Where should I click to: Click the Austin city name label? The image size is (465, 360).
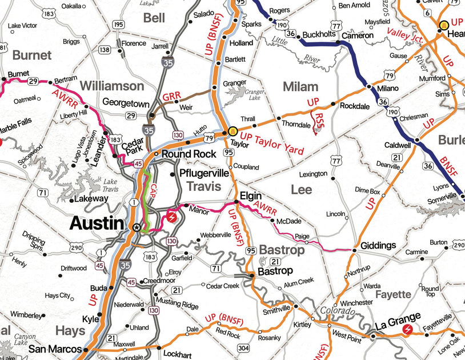(97, 223)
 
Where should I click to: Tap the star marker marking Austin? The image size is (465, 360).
(136, 227)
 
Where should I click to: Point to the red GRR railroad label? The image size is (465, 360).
(171, 97)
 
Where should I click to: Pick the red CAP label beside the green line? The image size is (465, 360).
(153, 192)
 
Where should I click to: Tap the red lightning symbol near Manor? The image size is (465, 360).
(170, 217)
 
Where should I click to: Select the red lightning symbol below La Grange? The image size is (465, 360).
(408, 330)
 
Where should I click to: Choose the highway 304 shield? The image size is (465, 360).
(243, 348)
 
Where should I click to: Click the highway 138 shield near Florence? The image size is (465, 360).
(105, 50)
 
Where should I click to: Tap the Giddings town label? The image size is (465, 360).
(378, 246)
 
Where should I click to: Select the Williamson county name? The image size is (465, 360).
(112, 86)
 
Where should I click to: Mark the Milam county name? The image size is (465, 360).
(300, 86)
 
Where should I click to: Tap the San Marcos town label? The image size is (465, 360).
(54, 349)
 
